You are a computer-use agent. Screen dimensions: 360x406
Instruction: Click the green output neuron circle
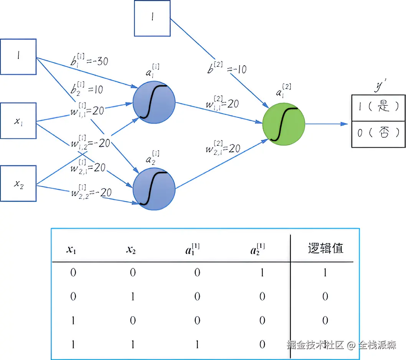click(x=284, y=124)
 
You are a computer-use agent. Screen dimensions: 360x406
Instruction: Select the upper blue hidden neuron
click(x=154, y=102)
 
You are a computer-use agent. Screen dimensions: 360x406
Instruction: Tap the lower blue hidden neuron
click(x=154, y=188)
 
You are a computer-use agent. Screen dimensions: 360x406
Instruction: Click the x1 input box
click(x=18, y=121)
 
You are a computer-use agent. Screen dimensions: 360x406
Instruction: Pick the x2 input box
click(x=18, y=183)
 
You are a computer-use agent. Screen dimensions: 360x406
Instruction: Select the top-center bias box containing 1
click(x=152, y=18)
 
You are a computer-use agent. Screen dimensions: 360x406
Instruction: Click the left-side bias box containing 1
click(x=18, y=56)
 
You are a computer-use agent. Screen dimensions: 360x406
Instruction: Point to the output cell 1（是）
click(x=378, y=106)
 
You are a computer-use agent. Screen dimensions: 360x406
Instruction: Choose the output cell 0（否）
click(x=378, y=133)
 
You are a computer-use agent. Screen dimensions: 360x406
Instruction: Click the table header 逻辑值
click(x=325, y=249)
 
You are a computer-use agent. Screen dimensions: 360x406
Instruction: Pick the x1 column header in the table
click(x=71, y=250)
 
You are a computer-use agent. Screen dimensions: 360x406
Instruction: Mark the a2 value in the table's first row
click(x=262, y=273)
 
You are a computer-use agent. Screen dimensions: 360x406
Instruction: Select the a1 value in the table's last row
click(x=197, y=344)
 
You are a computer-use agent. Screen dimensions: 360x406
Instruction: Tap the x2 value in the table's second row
click(x=133, y=297)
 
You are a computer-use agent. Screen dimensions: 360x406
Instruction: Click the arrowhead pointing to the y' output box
click(x=345, y=124)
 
